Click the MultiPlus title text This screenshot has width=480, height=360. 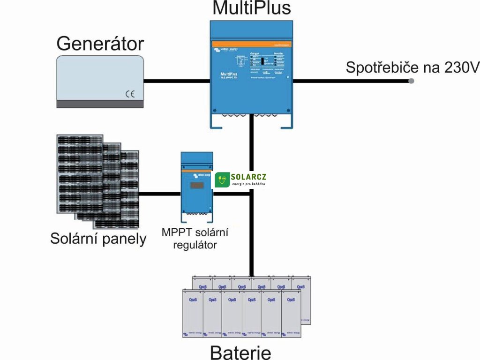[251, 8]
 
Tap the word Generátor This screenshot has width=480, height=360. [100, 44]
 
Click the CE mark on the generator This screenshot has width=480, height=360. [130, 94]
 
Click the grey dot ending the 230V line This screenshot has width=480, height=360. [411, 81]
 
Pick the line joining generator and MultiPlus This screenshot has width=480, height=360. [176, 81]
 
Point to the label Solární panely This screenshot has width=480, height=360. [98, 239]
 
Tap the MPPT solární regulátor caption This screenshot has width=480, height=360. [197, 238]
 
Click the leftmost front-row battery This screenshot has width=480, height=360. [192, 313]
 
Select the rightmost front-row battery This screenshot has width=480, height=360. [291, 313]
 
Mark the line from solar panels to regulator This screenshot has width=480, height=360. [160, 194]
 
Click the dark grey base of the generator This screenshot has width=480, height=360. [100, 104]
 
